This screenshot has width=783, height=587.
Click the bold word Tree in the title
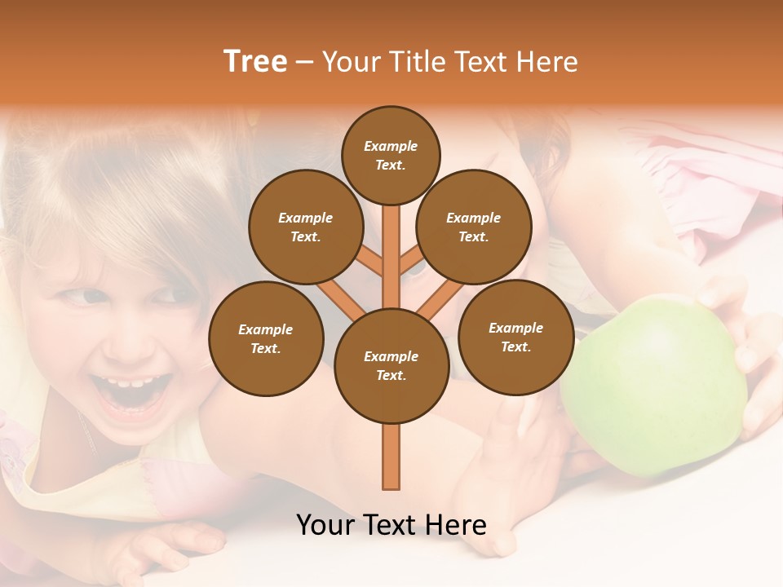tap(255, 62)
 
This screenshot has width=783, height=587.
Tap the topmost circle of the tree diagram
tap(391, 155)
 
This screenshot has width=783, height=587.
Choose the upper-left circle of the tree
tap(306, 227)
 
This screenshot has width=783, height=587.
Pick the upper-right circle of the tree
tap(474, 227)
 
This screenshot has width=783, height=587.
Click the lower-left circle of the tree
tap(266, 338)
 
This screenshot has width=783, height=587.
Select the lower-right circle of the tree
tap(515, 337)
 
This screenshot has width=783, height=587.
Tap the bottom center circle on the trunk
tap(391, 365)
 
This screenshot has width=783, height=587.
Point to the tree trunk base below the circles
tap(391, 461)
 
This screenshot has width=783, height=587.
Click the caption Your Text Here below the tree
tap(391, 525)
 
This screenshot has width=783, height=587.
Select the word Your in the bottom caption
tap(326, 525)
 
